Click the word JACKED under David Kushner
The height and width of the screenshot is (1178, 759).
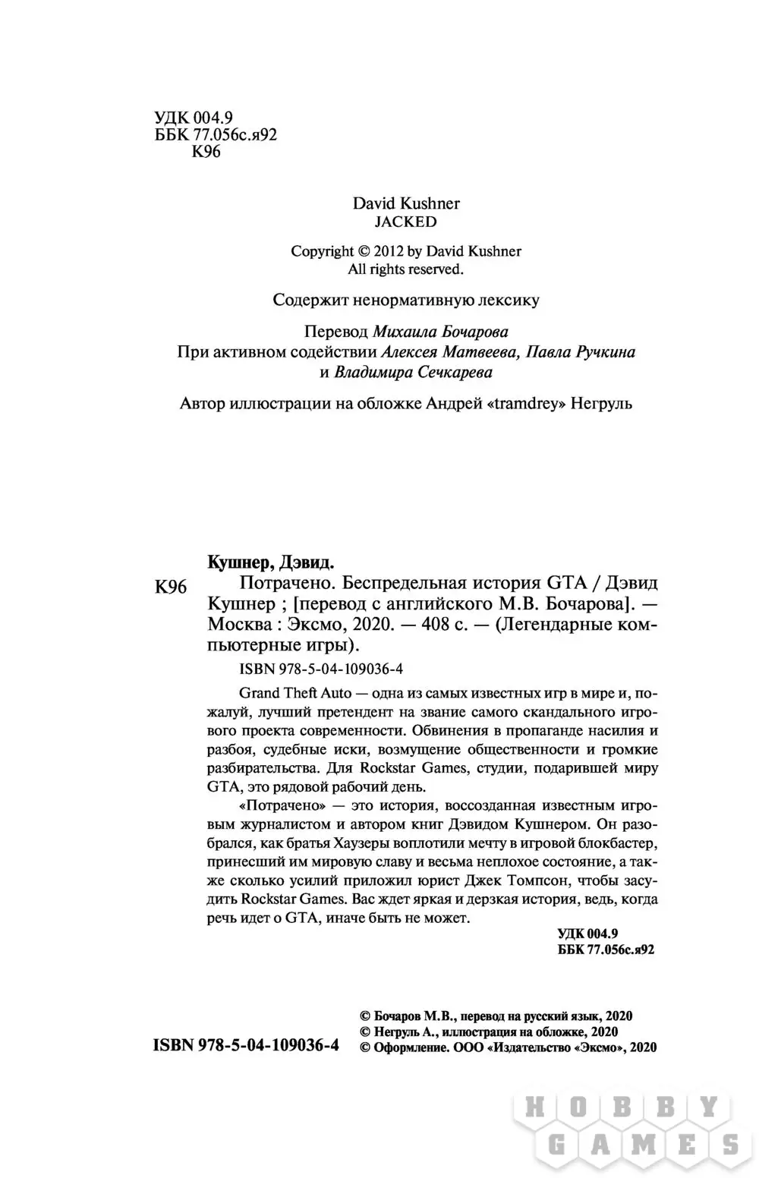[406, 222]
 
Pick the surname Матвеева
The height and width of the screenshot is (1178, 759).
[480, 351]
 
